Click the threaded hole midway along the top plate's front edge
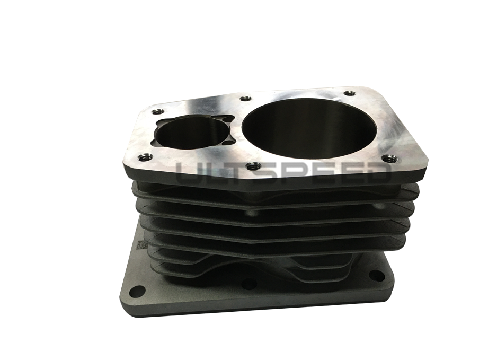coord(253,166)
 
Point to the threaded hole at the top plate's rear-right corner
coord(349,94)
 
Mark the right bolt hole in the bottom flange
coord(376,275)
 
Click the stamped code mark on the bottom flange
coord(141,245)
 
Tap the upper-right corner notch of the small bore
coord(226,120)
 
